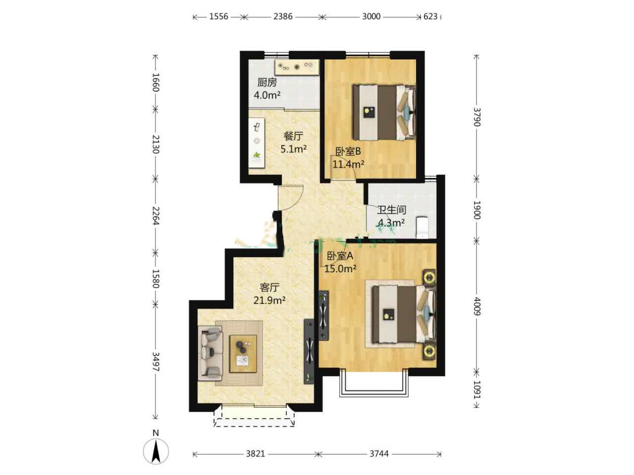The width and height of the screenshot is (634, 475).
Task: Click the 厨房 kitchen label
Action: [267, 83]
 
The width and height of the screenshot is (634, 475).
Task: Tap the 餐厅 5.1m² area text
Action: [293, 149]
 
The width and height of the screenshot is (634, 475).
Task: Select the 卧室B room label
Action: [348, 151]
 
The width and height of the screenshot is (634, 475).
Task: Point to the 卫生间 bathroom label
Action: [391, 210]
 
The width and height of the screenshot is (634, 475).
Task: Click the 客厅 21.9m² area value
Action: [269, 300]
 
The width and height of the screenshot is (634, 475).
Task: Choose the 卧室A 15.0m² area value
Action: [340, 269]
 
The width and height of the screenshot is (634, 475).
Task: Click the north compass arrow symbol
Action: [156, 451]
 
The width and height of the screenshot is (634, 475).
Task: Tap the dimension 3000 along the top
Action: [371, 16]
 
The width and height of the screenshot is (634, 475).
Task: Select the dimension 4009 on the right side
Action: [477, 306]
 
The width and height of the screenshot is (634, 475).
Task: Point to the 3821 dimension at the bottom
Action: [255, 454]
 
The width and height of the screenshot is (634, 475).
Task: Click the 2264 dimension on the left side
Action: [156, 216]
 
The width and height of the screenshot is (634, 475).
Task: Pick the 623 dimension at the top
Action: [430, 16]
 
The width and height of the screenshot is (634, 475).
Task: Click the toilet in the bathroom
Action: [423, 228]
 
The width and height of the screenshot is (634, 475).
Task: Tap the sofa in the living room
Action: [211, 353]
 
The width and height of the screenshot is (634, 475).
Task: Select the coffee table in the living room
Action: [243, 354]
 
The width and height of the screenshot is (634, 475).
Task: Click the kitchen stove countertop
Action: [297, 67]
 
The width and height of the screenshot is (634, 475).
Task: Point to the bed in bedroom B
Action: [384, 112]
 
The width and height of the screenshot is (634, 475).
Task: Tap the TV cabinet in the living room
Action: [309, 351]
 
